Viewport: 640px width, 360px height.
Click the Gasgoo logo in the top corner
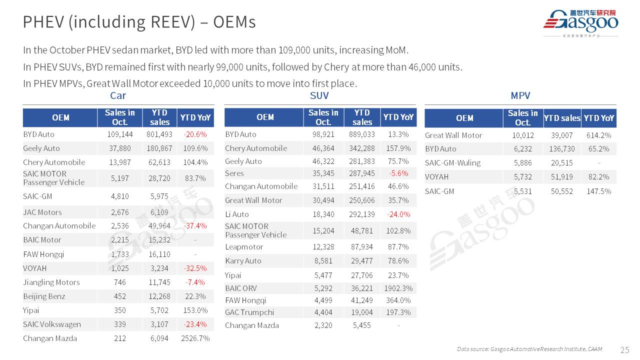click(x=580, y=22)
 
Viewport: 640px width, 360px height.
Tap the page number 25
click(x=624, y=349)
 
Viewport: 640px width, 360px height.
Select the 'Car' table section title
click(x=118, y=95)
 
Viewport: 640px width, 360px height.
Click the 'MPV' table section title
click(x=520, y=95)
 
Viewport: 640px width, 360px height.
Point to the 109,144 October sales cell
click(x=119, y=134)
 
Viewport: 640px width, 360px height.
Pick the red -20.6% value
click(x=195, y=134)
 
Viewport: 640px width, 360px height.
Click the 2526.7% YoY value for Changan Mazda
click(x=195, y=338)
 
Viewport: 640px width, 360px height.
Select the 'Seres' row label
click(x=234, y=173)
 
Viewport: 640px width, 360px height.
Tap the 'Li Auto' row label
click(x=237, y=214)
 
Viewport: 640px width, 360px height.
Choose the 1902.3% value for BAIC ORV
click(x=398, y=288)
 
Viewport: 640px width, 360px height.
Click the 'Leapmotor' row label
click(x=244, y=247)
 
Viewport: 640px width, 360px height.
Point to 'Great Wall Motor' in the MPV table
click(x=453, y=135)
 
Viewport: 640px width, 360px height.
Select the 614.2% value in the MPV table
click(x=599, y=135)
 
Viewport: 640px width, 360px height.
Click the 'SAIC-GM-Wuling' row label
click(x=452, y=163)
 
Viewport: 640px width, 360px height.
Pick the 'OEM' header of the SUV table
click(x=265, y=117)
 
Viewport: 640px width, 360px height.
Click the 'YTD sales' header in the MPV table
click(x=562, y=118)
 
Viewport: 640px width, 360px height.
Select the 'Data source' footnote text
click(x=529, y=349)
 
